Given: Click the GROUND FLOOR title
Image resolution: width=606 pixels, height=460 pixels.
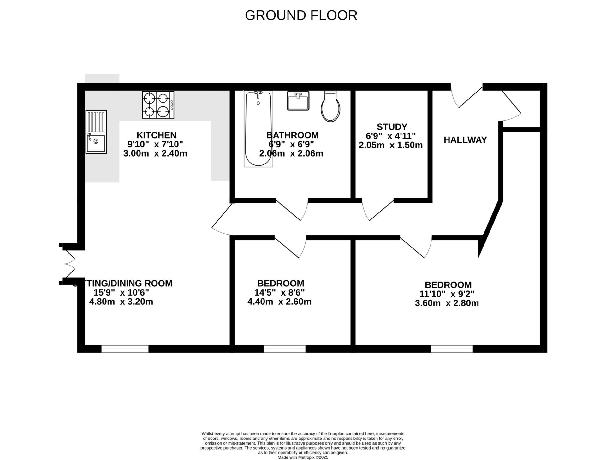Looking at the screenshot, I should tap(301, 15).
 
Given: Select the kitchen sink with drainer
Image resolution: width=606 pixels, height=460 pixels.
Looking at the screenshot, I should tap(96, 132).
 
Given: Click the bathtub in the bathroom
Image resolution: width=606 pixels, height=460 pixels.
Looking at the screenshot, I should tap(258, 128).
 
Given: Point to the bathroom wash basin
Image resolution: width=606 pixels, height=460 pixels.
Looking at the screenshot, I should tap(298, 101).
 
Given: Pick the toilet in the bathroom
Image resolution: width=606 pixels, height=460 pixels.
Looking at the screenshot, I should tap(330, 107).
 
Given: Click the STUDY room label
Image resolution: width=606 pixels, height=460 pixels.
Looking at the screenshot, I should tap(392, 127).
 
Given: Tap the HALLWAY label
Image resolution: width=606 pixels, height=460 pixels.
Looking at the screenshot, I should tap(465, 140).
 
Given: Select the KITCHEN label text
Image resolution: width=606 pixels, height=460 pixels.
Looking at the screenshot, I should tap(156, 135).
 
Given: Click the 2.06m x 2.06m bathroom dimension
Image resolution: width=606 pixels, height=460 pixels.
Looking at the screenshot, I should tap(291, 154).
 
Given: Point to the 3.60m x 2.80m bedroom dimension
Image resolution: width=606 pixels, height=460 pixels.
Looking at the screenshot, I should tap(447, 303).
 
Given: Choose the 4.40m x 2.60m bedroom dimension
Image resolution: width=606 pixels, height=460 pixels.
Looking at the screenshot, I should tap(279, 302).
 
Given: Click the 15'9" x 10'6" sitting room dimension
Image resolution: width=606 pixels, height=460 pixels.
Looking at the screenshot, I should tap(121, 293).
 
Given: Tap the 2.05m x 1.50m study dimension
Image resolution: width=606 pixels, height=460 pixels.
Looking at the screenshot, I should tap(390, 145).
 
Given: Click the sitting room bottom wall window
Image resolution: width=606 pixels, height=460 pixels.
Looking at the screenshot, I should tap(125, 349).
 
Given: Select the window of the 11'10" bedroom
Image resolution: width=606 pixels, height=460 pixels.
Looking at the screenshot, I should tap(452, 349).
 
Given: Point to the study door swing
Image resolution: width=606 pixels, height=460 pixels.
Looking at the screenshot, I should tap(377, 210).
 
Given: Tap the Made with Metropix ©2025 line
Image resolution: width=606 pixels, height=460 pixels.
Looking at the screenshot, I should tap(303, 457).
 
